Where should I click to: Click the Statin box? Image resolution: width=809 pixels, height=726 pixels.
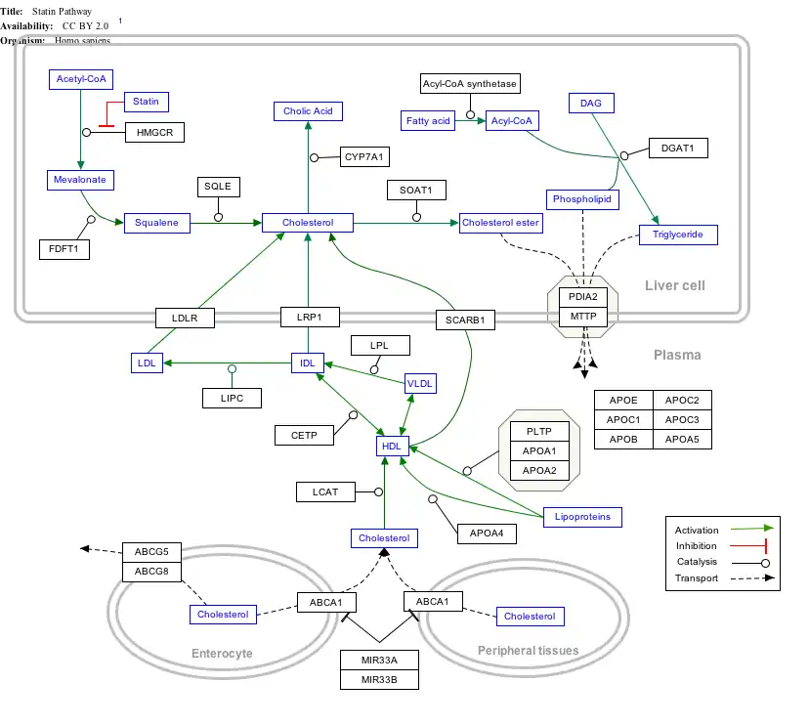146,102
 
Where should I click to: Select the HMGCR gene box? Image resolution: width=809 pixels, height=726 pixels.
154,132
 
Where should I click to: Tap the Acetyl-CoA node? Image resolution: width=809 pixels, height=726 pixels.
81,79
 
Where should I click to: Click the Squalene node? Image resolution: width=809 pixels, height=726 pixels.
156,223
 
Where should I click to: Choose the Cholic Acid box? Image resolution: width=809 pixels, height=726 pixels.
308,111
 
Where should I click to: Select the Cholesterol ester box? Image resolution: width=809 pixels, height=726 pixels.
500,223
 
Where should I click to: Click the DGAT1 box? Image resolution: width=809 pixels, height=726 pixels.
677,149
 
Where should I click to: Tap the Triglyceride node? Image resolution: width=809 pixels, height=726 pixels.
678,235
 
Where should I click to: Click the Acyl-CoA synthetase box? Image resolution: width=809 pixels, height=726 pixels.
470,84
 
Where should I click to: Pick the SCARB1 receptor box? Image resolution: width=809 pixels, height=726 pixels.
465,319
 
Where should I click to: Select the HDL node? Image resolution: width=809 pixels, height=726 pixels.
391,446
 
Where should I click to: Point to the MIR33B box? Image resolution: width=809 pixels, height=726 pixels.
379,679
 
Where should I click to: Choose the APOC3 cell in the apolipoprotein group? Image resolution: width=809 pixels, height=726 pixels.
682,419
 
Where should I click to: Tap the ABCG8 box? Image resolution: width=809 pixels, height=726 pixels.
151,571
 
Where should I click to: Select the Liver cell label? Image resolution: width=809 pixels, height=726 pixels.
674,285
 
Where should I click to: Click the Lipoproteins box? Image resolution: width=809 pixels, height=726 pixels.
582,516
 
